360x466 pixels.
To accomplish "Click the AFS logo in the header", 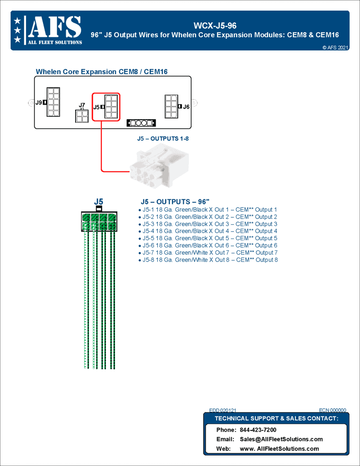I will (x=48, y=30).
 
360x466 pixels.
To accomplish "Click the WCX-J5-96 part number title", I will (x=215, y=25).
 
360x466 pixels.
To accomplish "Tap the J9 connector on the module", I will (x=53, y=102).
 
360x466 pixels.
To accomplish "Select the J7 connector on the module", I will (x=82, y=117).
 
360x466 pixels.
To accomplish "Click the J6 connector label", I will (x=186, y=106).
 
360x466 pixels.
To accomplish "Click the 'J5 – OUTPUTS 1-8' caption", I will (x=162, y=138).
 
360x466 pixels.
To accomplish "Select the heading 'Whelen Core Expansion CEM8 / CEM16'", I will (x=101, y=72).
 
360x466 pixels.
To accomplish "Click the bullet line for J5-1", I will (x=209, y=210).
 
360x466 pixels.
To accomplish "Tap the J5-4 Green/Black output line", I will (x=209, y=231).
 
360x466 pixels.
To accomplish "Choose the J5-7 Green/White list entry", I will (x=209, y=253).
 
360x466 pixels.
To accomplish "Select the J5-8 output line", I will (x=209, y=260).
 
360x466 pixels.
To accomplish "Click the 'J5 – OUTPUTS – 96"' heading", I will (x=175, y=202).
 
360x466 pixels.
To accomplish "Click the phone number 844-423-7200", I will (x=258, y=430).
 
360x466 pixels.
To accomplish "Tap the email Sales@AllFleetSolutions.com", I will (x=281, y=439).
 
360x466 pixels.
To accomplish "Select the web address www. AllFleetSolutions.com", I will (x=279, y=449).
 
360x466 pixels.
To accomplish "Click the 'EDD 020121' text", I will (x=223, y=410).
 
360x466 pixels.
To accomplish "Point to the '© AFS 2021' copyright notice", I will (x=335, y=47).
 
